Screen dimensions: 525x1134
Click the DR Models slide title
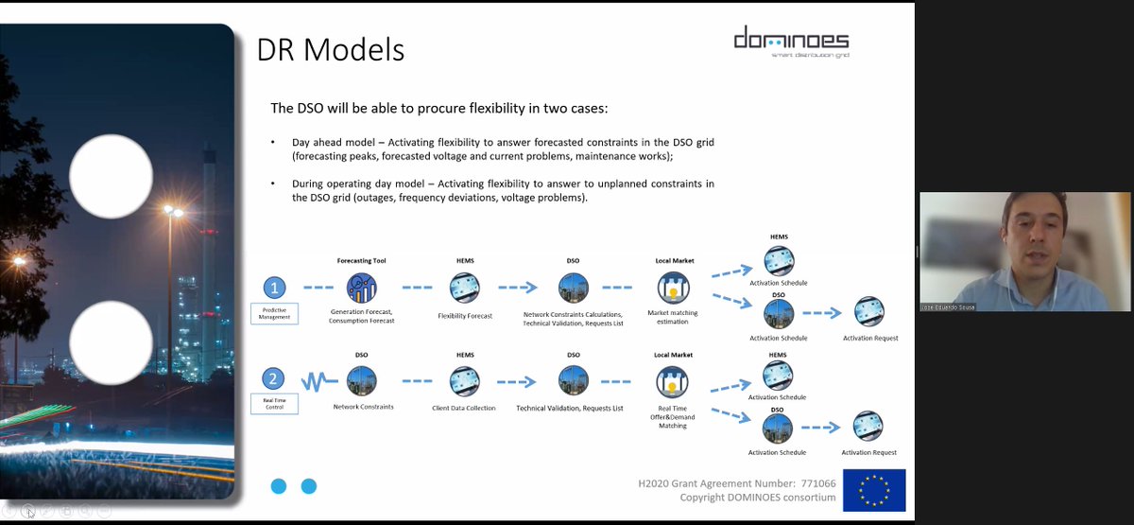[x=331, y=49]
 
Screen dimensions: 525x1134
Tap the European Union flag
[x=873, y=490]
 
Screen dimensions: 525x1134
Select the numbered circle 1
[x=274, y=288]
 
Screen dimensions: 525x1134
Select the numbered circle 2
[x=274, y=380]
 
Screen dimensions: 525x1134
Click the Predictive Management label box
[x=274, y=314]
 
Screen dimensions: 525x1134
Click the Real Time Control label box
[x=274, y=404]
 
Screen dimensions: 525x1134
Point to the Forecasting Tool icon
[x=361, y=288]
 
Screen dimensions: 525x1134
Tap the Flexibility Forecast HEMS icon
[x=465, y=288]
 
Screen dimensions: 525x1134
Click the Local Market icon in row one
[x=673, y=288]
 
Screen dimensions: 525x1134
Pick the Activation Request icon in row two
[x=868, y=426]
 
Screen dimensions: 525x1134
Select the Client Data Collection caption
[x=464, y=409]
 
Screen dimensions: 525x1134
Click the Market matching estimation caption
[x=674, y=318]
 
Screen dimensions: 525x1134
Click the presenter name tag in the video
[x=948, y=306]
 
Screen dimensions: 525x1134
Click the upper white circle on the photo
[x=112, y=176]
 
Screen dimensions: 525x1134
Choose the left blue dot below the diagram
[x=279, y=486]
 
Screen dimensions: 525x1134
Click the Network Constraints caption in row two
[x=363, y=407]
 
